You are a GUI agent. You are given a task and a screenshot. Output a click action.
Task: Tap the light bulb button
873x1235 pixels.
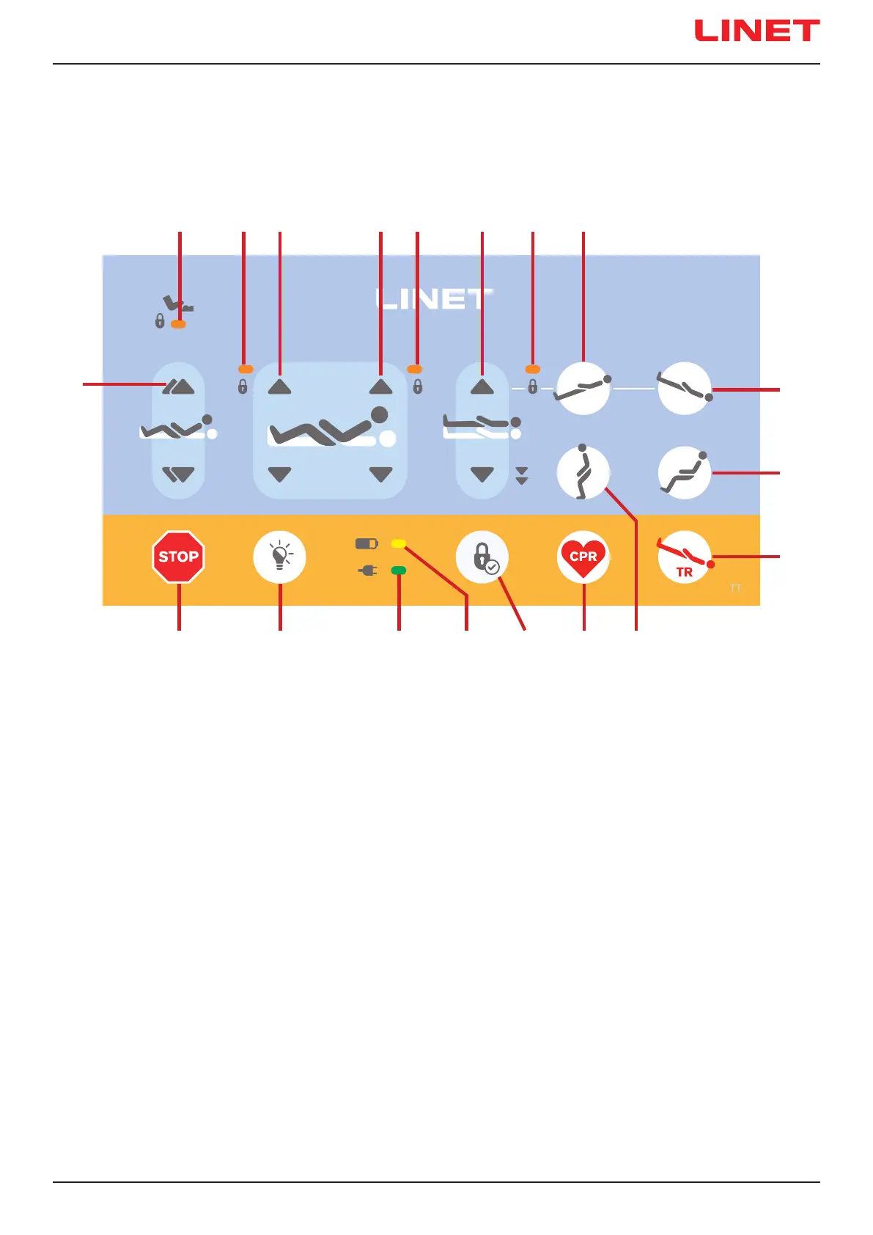click(279, 557)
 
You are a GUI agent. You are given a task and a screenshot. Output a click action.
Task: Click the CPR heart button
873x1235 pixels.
click(583, 557)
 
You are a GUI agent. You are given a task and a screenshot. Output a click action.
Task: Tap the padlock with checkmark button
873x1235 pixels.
click(482, 557)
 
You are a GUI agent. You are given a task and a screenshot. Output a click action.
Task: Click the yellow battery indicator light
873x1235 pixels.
click(399, 543)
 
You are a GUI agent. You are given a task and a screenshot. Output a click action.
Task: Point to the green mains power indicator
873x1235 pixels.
click(399, 570)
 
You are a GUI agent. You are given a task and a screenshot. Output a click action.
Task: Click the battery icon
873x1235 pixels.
click(366, 544)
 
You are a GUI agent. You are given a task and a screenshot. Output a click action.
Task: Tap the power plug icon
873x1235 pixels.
click(367, 570)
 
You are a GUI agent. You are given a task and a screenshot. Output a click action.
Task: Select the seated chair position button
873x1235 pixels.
click(685, 473)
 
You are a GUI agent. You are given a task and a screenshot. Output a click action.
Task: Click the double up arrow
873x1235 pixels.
click(178, 386)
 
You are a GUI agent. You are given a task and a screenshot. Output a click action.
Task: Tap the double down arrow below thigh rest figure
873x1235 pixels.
click(178, 474)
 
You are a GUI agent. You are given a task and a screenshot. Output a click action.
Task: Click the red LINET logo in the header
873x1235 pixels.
click(756, 31)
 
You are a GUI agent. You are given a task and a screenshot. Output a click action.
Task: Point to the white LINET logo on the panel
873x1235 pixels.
click(434, 298)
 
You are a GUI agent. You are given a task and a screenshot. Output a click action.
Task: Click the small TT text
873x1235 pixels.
click(735, 588)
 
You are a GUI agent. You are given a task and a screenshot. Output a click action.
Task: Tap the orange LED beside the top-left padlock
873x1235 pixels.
click(178, 323)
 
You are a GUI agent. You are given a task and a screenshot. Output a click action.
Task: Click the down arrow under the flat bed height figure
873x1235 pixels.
click(482, 474)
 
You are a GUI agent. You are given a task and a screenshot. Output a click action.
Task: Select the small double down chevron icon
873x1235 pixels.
click(522, 476)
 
